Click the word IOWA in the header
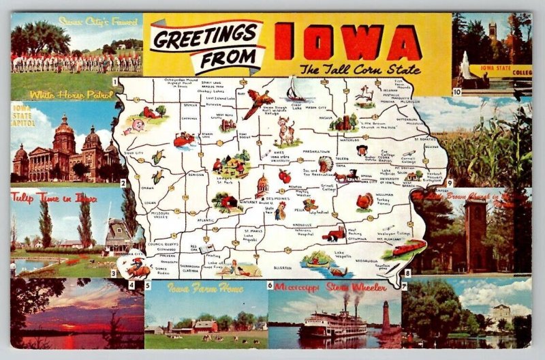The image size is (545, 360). click(x=347, y=42)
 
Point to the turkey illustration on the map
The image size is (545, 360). click(x=365, y=202)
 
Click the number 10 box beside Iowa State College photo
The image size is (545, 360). click(x=457, y=91)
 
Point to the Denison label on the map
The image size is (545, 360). click(x=196, y=175)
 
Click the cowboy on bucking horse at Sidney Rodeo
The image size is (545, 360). click(x=138, y=268)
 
